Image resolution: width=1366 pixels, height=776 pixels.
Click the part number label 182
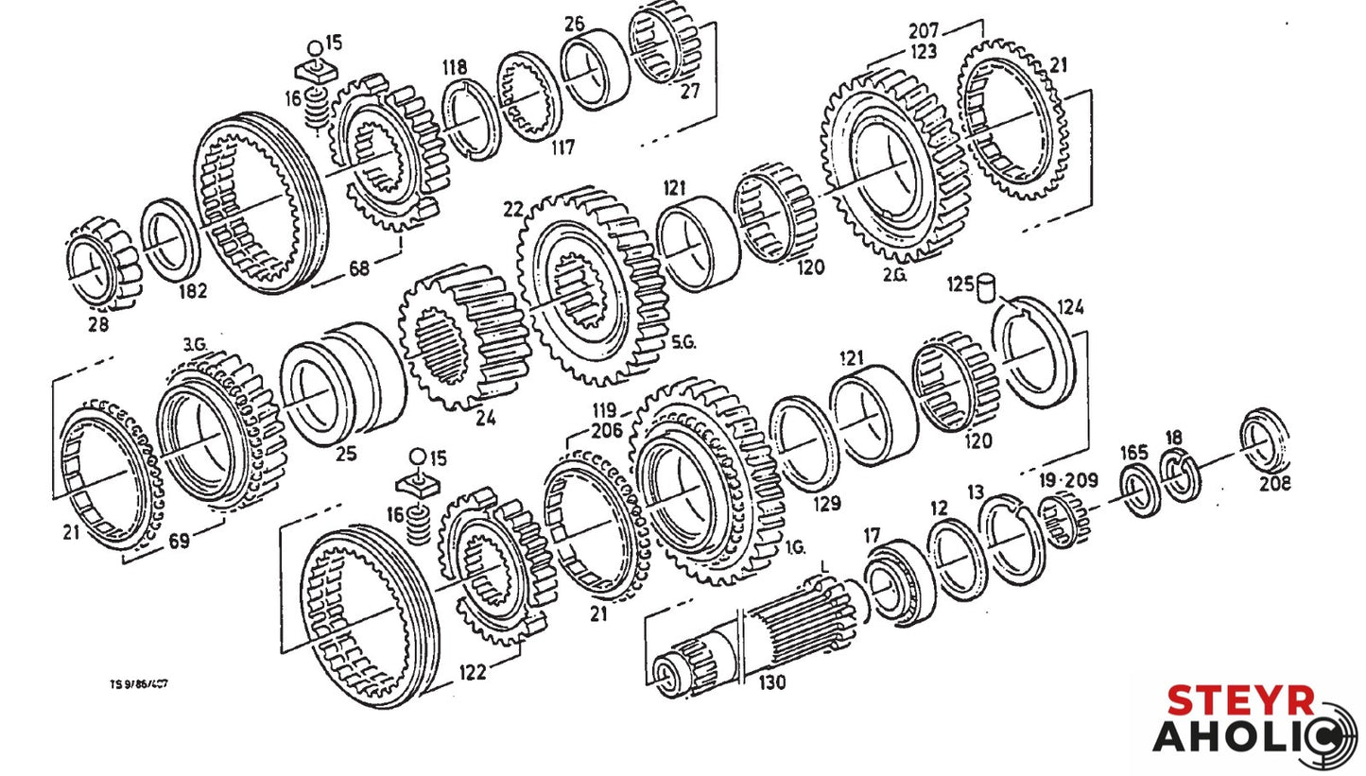192,291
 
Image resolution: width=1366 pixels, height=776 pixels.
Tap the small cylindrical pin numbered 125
988,286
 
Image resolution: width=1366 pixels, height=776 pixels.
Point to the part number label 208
1273,484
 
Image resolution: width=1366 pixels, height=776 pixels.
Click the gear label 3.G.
195,345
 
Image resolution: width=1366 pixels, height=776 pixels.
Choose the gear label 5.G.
683,342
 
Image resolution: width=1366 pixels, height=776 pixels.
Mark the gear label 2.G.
894,275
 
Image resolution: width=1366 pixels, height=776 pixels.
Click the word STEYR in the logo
1240,701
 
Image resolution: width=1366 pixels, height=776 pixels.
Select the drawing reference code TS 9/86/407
139,684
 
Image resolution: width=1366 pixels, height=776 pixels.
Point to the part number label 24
485,419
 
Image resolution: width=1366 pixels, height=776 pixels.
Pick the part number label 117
563,147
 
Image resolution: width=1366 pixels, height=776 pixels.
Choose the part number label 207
923,30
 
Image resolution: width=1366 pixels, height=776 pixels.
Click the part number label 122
473,672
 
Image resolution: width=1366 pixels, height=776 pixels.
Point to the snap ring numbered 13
1011,539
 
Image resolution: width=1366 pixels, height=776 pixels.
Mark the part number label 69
179,542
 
